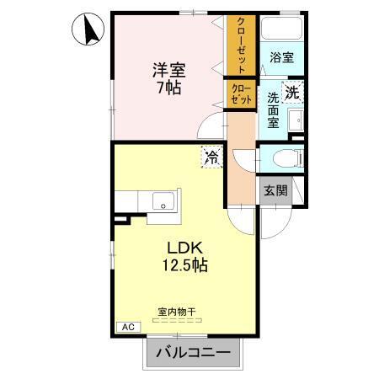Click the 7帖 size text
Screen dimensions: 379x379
169,87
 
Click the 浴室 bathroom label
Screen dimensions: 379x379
281,57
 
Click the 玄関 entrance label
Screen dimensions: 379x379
275,189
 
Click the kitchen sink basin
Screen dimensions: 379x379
162,201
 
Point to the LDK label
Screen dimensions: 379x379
184,248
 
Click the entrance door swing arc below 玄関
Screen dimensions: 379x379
275,221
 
